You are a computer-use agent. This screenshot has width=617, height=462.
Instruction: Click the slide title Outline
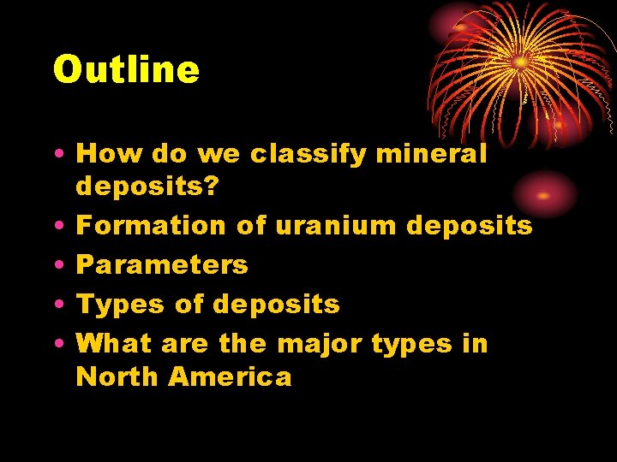[x=126, y=70]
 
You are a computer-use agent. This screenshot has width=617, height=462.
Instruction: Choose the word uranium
[x=339, y=226]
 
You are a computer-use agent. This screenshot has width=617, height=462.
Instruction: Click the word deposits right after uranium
[x=469, y=227]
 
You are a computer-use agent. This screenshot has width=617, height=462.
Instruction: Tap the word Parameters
[x=162, y=265]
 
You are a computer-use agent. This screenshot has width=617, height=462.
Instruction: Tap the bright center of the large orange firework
[x=520, y=62]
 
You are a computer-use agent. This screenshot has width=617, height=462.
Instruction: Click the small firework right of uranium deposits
[x=544, y=195]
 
